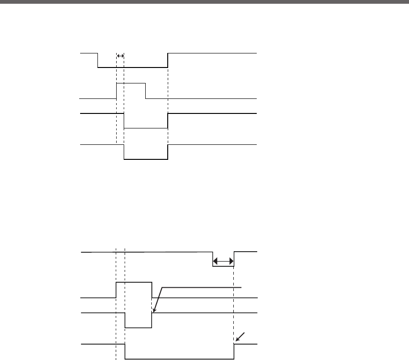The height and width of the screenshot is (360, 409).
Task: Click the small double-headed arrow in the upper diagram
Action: (x=120, y=56)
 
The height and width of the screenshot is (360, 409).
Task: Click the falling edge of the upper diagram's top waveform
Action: (x=97, y=61)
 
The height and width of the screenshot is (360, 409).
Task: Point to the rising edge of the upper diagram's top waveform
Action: (x=168, y=61)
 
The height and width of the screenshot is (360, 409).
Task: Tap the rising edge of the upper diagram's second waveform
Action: (x=116, y=91)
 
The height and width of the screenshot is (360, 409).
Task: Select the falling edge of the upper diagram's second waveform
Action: (x=146, y=91)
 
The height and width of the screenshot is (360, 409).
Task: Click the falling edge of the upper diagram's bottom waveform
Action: (x=124, y=153)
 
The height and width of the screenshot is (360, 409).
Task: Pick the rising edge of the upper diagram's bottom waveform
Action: (x=168, y=153)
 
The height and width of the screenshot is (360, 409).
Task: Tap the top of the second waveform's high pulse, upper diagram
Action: (x=131, y=83)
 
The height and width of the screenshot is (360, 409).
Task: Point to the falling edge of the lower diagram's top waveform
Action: (x=213, y=259)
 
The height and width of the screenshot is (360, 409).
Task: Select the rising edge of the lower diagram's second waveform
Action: (x=116, y=290)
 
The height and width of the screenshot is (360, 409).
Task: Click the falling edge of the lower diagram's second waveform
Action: (x=152, y=290)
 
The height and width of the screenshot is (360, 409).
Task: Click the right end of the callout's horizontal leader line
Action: (x=241, y=287)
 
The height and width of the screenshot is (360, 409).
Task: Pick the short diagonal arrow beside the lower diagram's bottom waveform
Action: (x=240, y=337)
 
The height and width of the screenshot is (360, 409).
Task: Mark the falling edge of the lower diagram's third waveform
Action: (x=125, y=320)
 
